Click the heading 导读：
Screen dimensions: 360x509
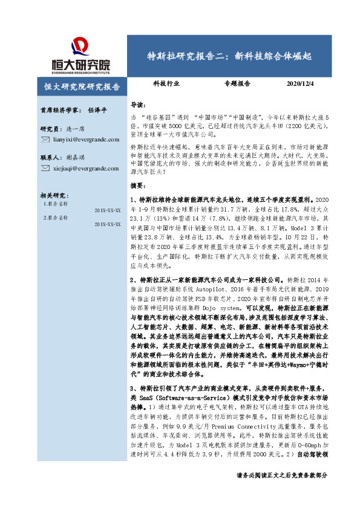tap(139, 104)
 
